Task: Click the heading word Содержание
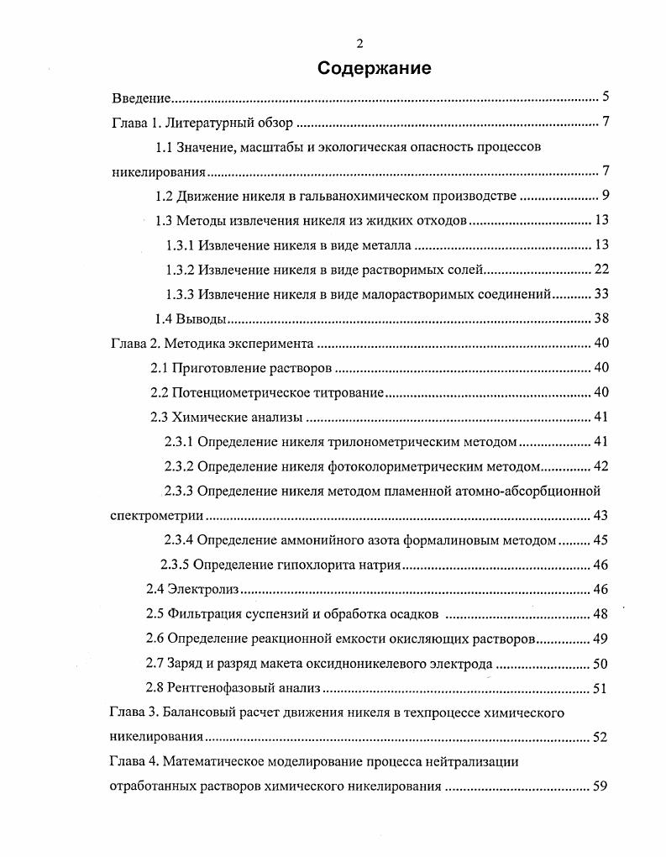click(375, 69)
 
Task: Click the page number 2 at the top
click(359, 45)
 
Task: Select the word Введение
click(142, 98)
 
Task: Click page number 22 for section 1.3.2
click(600, 270)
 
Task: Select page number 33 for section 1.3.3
click(600, 294)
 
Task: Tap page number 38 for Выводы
click(600, 318)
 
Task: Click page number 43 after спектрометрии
click(600, 515)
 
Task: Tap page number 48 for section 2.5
click(600, 614)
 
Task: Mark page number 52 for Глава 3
click(600, 738)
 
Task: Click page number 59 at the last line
click(600, 787)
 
